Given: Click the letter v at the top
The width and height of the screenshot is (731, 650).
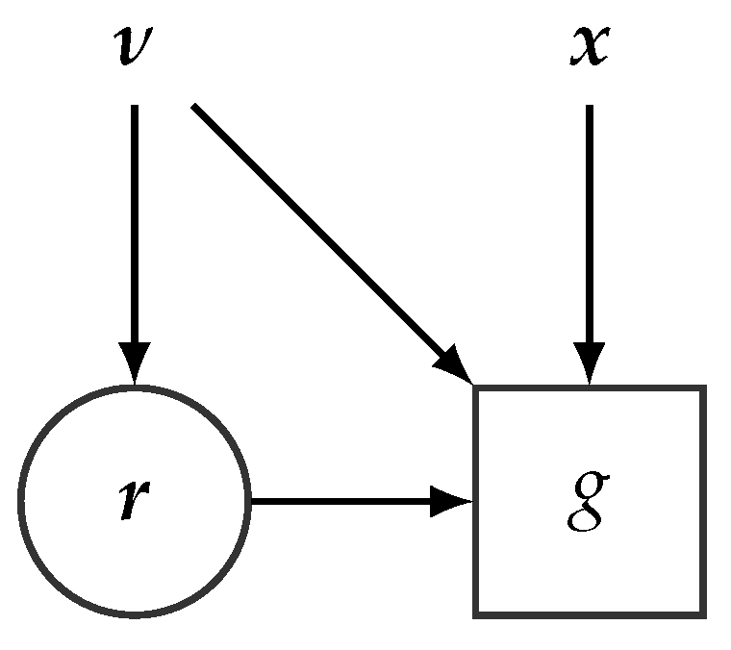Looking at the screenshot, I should click(134, 47).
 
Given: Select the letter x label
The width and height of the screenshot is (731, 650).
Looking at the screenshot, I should click(588, 46).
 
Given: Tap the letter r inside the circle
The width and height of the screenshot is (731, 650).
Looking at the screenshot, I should click(134, 501).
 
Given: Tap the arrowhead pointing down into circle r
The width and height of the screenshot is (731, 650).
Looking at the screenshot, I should click(134, 365).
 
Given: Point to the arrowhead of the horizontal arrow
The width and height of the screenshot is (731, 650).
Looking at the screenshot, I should click(450, 501).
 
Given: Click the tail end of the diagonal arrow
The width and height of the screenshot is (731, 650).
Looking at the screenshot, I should click(195, 107).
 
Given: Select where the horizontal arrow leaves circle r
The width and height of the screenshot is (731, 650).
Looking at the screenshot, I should click(250, 501).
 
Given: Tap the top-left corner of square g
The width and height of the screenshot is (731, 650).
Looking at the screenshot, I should click(476, 388).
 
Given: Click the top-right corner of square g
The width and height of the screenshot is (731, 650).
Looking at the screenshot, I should click(703, 388).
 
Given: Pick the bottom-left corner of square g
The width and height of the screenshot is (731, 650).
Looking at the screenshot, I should click(476, 613).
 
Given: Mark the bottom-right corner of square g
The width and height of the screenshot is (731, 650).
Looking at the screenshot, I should click(703, 613).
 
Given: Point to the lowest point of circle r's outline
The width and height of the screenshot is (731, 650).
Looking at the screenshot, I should click(134, 614).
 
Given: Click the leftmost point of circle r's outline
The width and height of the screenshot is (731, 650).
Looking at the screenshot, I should click(20, 501).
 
